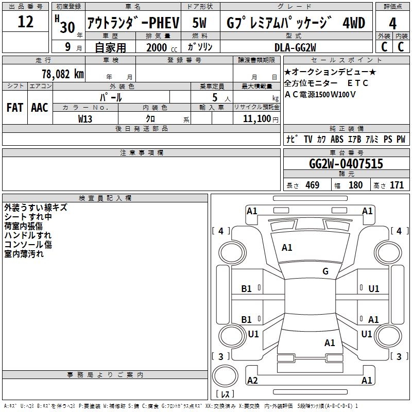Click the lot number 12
26,23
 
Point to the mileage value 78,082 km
62,74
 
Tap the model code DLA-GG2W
295,47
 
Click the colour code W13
85,118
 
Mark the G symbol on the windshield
325,271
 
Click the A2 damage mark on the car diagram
252,381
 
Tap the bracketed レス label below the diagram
225,394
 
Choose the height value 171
397,185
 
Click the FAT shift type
14,107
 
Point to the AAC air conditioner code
40,107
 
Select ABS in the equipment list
337,139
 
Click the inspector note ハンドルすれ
28,235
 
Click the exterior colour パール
111,97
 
